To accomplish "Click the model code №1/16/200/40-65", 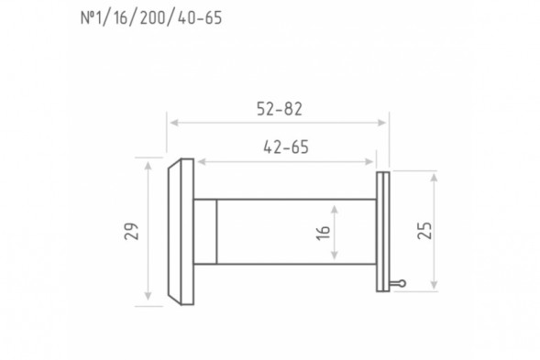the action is point(151,18).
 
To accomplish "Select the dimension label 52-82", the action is point(280,109).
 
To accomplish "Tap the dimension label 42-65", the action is point(286,147).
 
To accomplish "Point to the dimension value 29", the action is point(131,231).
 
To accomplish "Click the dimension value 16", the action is point(323,233).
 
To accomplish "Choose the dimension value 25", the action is point(424,231).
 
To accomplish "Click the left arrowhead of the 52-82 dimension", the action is point(174,123).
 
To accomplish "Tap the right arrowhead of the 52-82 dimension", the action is point(381,123).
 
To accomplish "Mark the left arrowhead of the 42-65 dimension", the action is point(202,162).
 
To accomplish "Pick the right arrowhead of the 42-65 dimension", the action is point(369,162).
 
